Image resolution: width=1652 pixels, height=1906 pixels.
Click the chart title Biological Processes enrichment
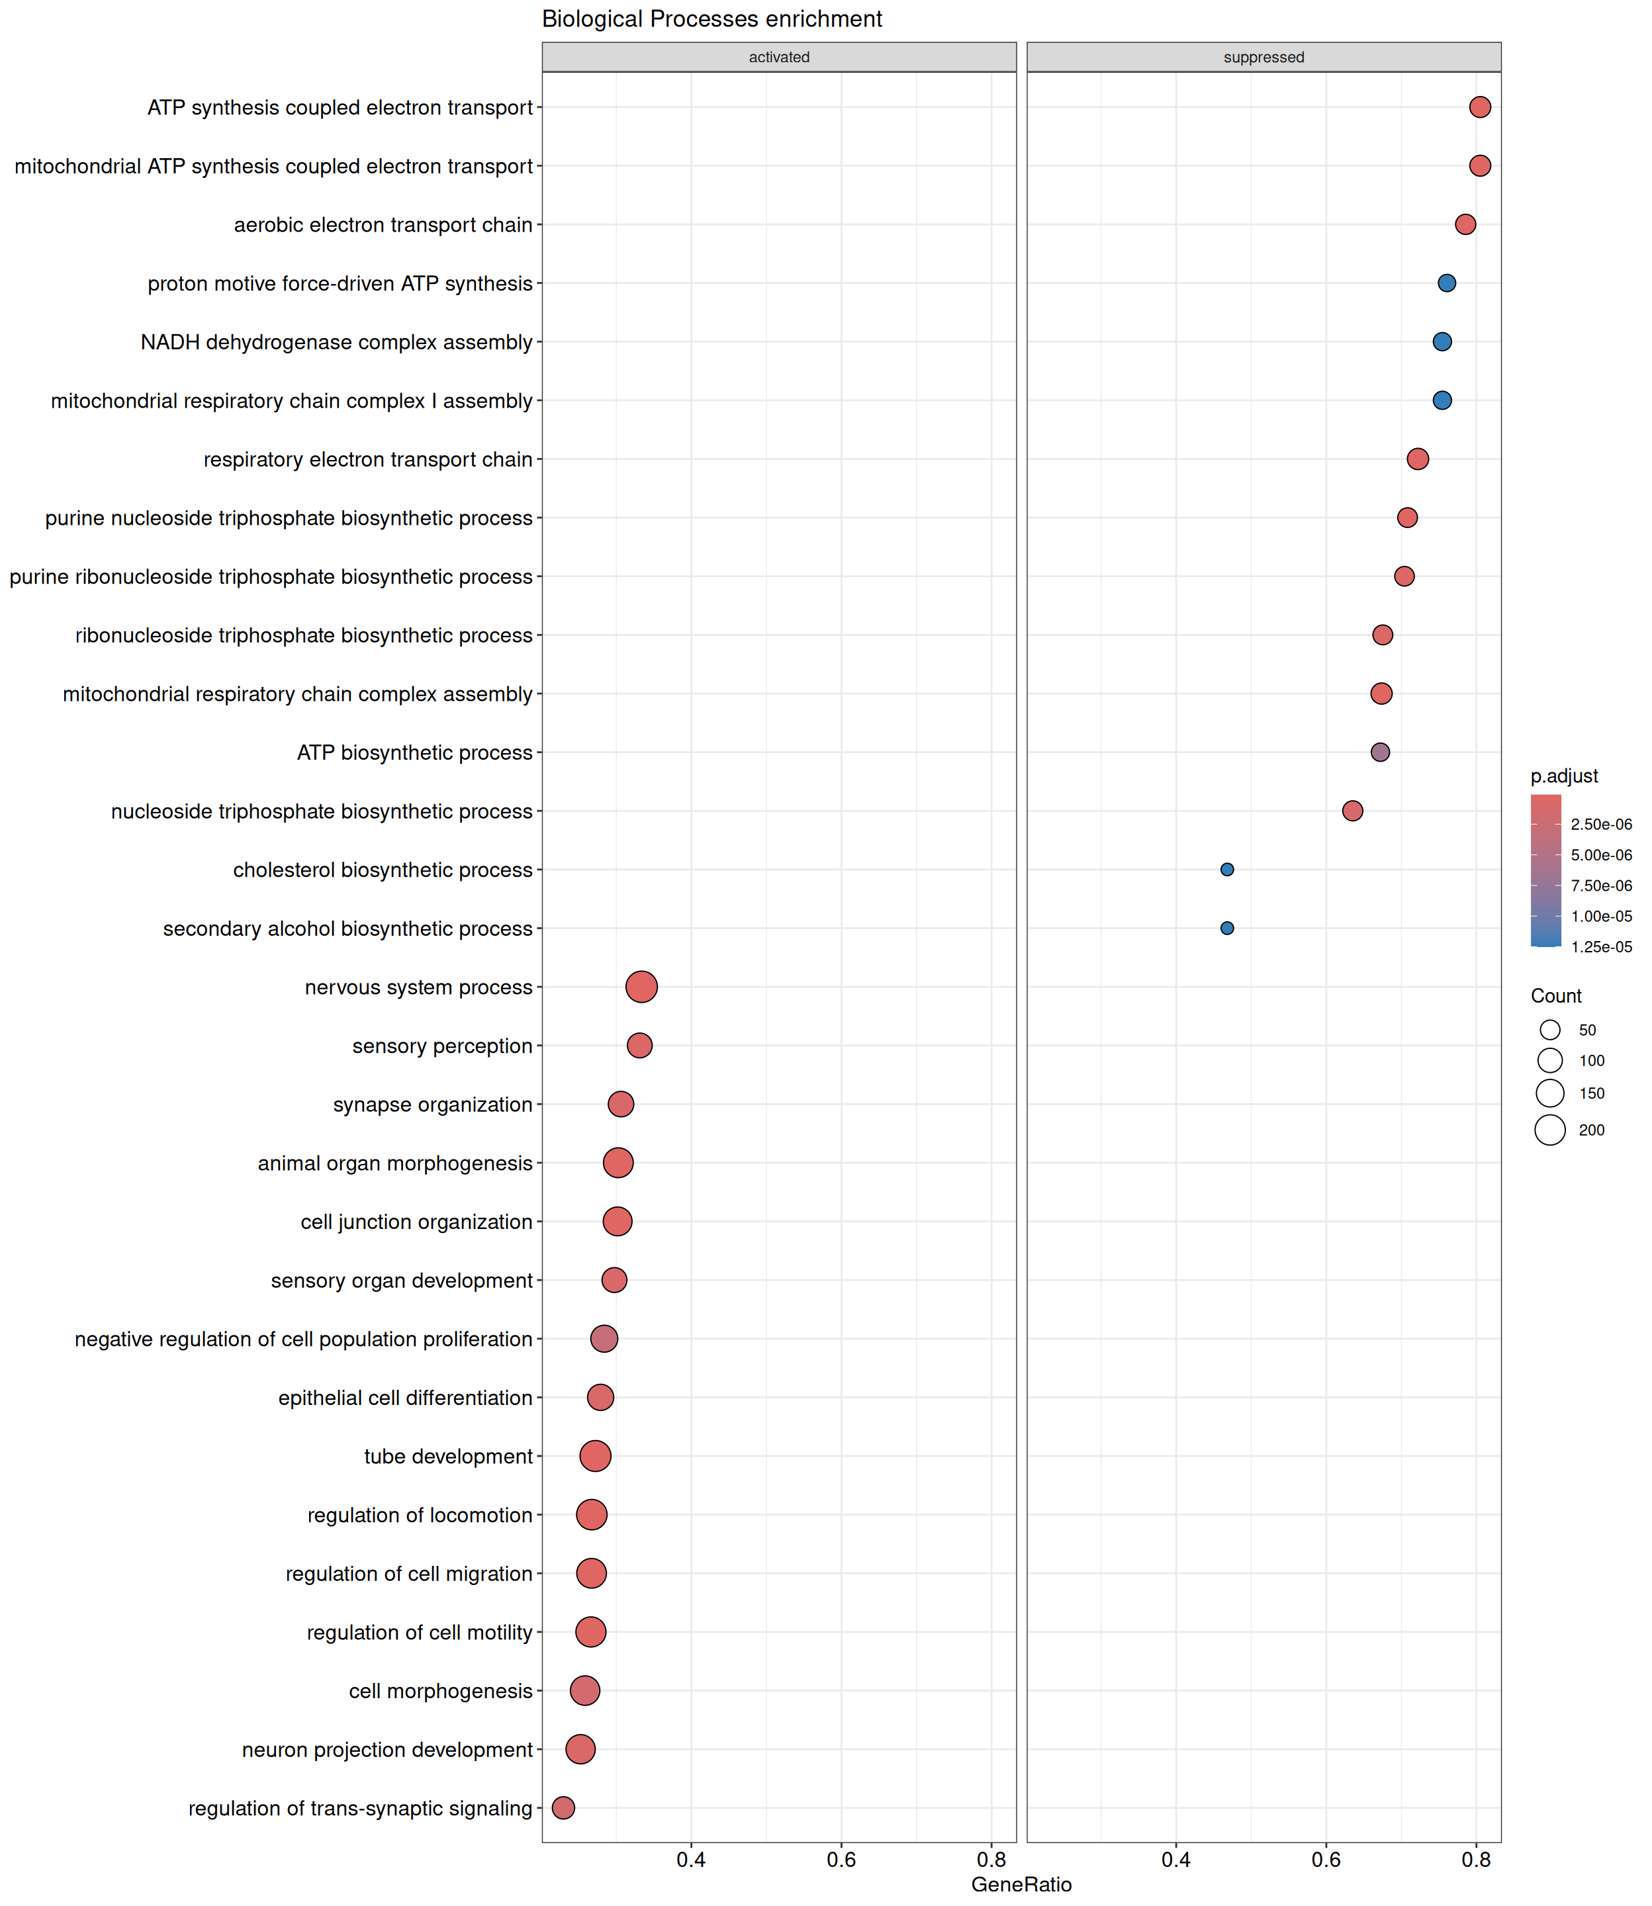pos(711,19)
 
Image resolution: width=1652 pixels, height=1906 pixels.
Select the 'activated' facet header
pos(779,57)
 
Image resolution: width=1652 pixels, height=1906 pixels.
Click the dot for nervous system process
pos(641,987)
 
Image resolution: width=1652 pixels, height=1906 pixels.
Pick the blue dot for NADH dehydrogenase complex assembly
pos(1442,342)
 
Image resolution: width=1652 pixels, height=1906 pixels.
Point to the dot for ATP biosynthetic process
pos(1380,752)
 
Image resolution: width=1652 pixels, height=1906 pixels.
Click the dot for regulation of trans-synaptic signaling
pos(563,1807)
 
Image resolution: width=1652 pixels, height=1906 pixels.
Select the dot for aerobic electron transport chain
pos(1465,224)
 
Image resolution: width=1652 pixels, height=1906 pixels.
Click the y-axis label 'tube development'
pos(448,1456)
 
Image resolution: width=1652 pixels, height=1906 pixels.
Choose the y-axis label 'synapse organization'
pos(432,1104)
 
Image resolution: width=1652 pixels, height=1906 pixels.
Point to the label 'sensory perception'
pos(443,1046)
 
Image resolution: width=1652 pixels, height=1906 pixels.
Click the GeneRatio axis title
pos(1021,1884)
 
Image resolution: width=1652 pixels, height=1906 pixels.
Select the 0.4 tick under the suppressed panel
pos(1176,1859)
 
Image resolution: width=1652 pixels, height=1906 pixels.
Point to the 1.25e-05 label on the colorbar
pos(1601,946)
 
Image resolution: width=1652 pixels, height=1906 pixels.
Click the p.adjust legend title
pos(1565,776)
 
